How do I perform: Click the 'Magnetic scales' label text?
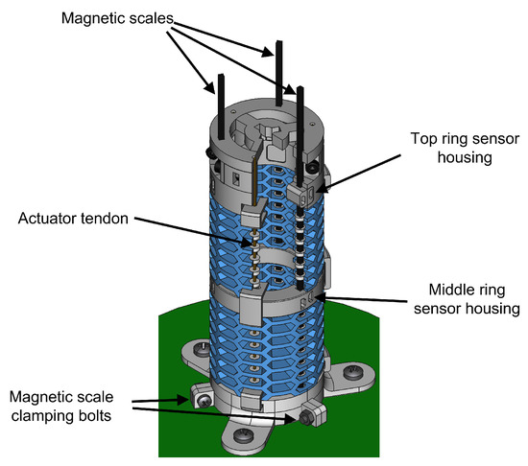(x=117, y=18)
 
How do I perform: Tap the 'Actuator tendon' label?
(x=73, y=219)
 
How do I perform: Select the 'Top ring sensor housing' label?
(x=465, y=148)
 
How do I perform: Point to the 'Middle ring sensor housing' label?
(x=467, y=299)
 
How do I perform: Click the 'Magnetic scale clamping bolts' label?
(x=61, y=407)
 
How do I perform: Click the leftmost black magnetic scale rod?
(x=221, y=106)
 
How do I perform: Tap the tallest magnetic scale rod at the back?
(x=278, y=73)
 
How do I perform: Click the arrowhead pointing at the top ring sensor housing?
(x=322, y=189)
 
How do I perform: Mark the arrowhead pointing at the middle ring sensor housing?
(x=320, y=297)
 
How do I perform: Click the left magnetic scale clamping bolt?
(x=204, y=401)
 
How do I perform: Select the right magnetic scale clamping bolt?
(x=306, y=418)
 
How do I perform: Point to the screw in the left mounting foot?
(x=203, y=350)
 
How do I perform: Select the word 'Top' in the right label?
(x=423, y=139)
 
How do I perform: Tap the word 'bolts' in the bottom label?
(x=94, y=415)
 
